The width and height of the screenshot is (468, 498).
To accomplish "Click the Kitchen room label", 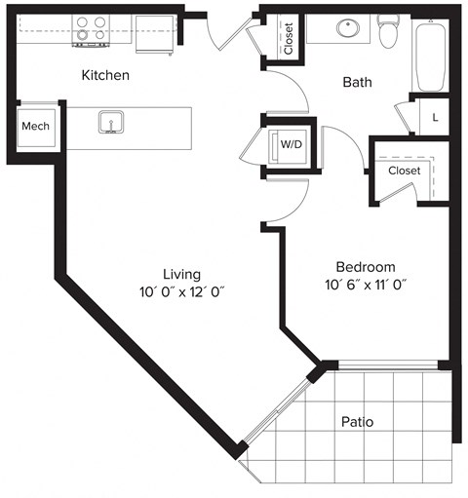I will coord(105,75).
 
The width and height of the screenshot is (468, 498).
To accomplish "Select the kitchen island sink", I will coord(111,123).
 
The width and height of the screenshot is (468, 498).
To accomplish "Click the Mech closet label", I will coord(36,126).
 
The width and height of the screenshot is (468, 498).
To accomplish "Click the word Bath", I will coord(357,83).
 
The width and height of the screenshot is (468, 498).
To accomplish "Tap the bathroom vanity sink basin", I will coord(348,27).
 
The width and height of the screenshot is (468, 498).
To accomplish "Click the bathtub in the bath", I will coord(430,53).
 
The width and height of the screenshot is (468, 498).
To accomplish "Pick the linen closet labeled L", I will coord(434,117).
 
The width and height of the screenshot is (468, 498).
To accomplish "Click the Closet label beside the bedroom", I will coord(403,171).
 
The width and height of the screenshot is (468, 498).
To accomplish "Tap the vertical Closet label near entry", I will coord(289,38).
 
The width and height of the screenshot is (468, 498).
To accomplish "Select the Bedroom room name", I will coord(365,267).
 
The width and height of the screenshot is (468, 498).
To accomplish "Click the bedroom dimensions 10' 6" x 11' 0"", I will coord(365,286).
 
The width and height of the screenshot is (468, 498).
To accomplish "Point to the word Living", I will coord(182,274).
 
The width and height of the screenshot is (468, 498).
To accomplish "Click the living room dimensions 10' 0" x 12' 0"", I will coord(182,291).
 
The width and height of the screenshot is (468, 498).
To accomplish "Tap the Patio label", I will coord(357,422).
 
